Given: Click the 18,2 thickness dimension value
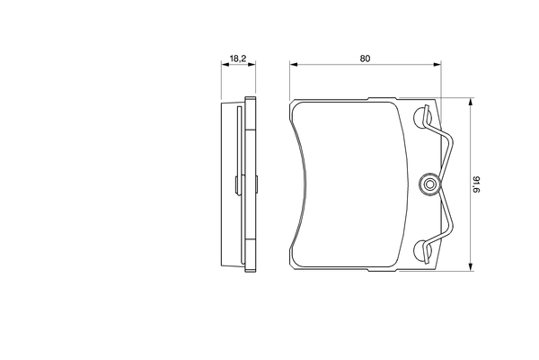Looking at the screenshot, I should [x=238, y=58].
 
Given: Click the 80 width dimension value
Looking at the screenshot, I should [x=366, y=58].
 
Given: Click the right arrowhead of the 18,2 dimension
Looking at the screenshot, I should [x=254, y=65].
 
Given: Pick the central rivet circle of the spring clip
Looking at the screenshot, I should [x=430, y=185].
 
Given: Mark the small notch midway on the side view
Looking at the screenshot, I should [x=236, y=185].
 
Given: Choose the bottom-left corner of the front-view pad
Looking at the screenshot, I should [x=293, y=267].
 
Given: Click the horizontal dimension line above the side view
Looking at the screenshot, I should [x=239, y=65].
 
